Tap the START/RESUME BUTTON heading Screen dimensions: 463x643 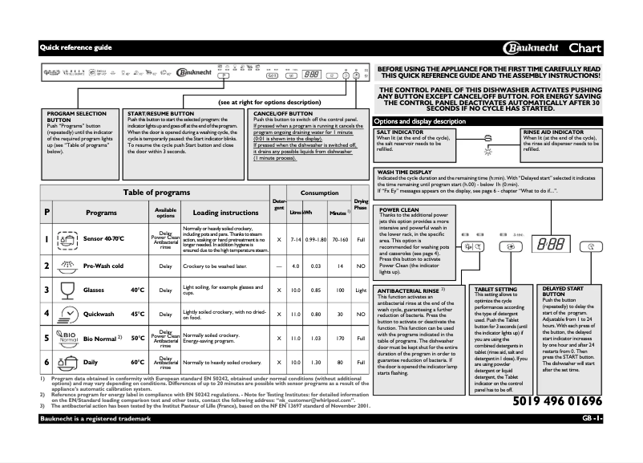pyautogui.click(x=161, y=115)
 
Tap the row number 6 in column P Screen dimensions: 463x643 pyautogui.click(x=47, y=362)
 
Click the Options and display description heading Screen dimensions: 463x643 pyautogui.click(x=420, y=121)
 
